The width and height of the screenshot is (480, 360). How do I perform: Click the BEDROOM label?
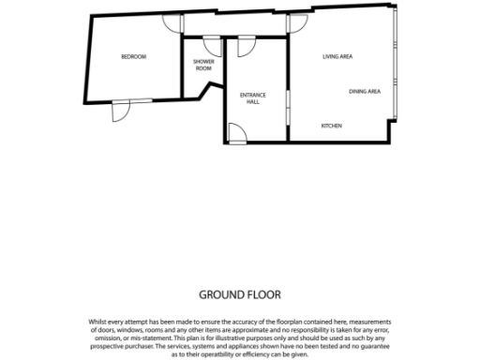click(134, 57)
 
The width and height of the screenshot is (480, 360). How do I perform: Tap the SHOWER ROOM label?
click(203, 66)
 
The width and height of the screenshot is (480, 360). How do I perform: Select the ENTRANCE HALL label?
click(253, 98)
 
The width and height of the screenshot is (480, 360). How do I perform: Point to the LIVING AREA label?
click(337, 57)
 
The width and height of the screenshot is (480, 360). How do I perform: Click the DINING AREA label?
click(364, 91)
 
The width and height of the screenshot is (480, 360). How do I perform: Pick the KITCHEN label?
click(332, 126)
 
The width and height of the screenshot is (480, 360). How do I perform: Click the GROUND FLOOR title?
click(240, 293)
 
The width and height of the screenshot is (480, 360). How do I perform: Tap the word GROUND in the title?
click(221, 293)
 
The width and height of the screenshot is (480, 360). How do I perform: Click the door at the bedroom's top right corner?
click(168, 23)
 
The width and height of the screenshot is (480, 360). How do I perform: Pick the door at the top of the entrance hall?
click(247, 44)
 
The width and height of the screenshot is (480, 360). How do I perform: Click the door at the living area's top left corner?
click(297, 23)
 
